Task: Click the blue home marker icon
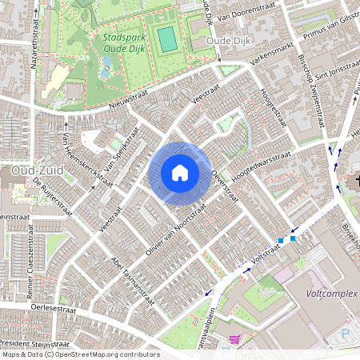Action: click(180, 173)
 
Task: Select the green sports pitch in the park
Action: click(166, 38)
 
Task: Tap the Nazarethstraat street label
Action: click(34, 46)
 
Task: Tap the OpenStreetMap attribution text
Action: click(80, 354)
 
